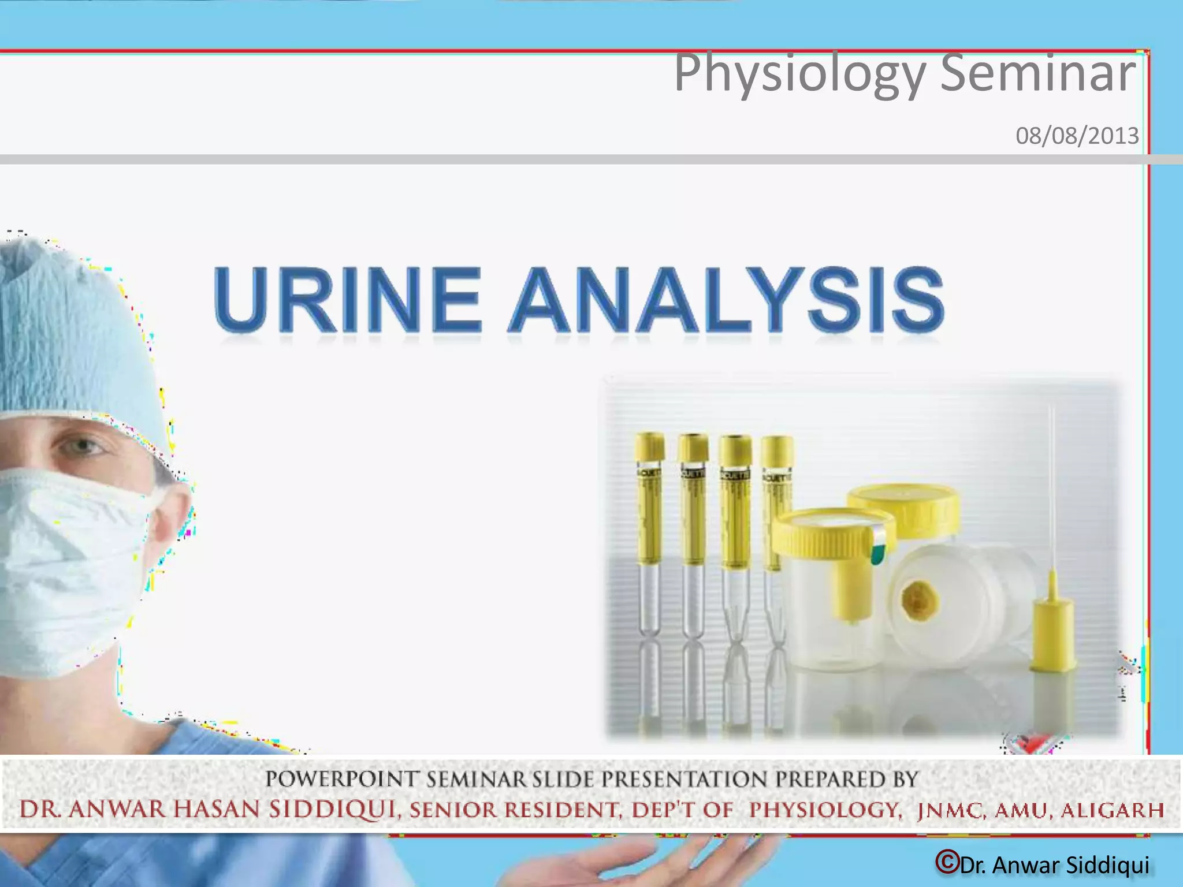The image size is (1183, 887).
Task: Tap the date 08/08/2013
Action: [1077, 136]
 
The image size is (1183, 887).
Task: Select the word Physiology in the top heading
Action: [800, 74]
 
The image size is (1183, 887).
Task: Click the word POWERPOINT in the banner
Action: [341, 780]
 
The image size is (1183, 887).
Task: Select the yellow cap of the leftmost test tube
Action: [650, 448]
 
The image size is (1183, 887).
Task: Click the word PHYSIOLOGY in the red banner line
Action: [825, 810]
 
